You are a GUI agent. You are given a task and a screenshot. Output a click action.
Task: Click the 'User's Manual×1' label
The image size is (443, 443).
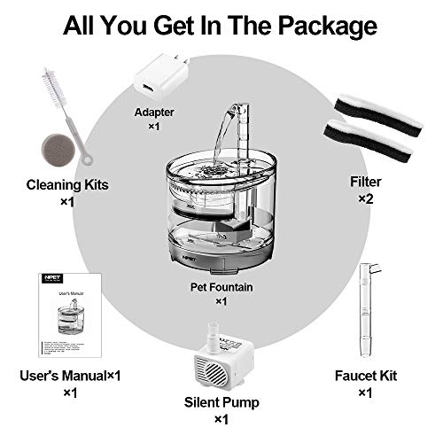(68, 376)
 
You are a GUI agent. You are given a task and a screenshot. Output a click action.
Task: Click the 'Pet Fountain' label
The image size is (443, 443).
(221, 285)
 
